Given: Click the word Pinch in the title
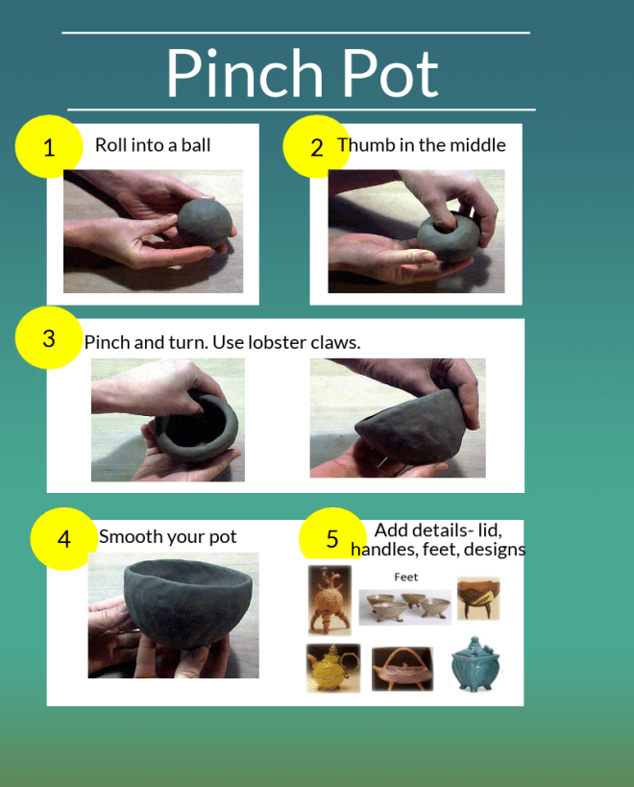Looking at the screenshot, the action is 245,72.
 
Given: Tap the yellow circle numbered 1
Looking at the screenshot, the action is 49,147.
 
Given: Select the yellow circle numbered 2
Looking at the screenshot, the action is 316,147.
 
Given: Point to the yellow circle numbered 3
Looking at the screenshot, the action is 49,338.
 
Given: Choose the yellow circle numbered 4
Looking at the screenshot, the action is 63,538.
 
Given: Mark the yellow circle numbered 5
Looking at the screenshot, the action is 332,534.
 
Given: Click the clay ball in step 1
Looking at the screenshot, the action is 205,222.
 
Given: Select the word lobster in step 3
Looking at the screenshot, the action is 277,342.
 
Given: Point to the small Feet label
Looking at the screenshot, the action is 405,578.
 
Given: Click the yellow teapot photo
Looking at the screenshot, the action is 333,668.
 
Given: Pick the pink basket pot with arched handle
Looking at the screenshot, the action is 402,669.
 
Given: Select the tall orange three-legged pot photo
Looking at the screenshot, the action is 330,601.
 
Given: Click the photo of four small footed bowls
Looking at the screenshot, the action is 405,606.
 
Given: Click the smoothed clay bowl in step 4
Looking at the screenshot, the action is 187,603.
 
